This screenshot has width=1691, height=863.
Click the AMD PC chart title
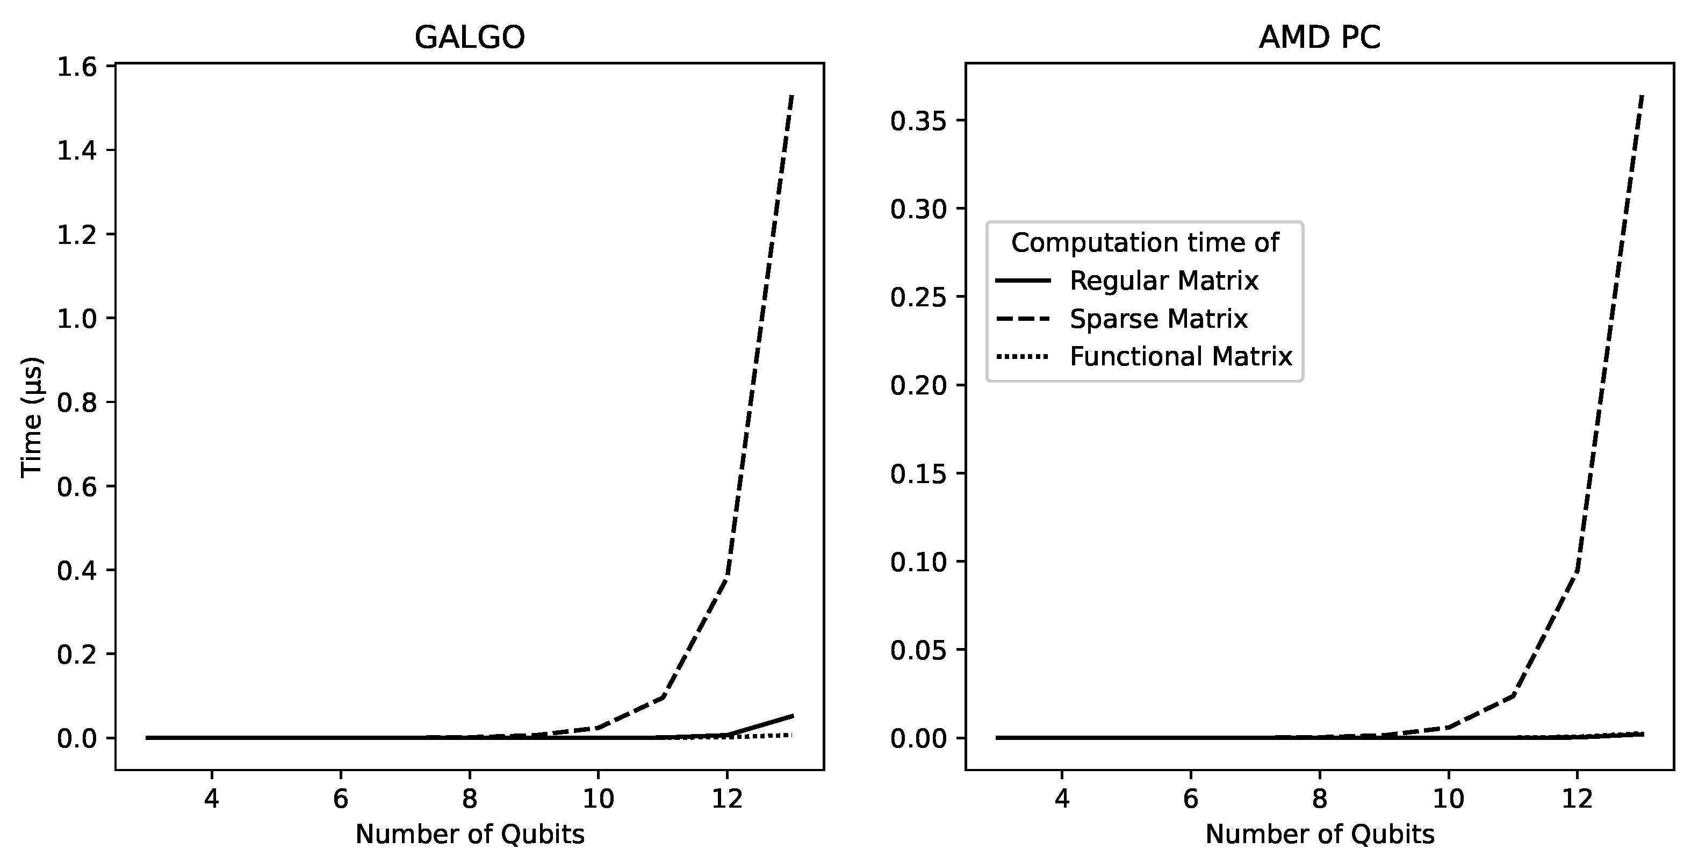click(1320, 38)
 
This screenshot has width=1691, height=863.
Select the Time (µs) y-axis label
click(32, 418)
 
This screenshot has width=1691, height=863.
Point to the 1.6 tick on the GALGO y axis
click(77, 67)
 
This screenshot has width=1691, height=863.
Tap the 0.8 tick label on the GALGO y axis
click(77, 403)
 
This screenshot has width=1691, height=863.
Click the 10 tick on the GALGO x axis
click(598, 799)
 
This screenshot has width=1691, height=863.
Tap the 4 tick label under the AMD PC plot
click(1061, 799)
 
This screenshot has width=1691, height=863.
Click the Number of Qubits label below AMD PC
click(1320, 834)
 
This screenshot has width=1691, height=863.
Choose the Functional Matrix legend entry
click(1181, 356)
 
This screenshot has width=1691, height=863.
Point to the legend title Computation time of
click(1145, 243)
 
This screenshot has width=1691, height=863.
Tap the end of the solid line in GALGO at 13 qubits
click(793, 715)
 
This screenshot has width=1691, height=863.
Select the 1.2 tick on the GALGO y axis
click(77, 235)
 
